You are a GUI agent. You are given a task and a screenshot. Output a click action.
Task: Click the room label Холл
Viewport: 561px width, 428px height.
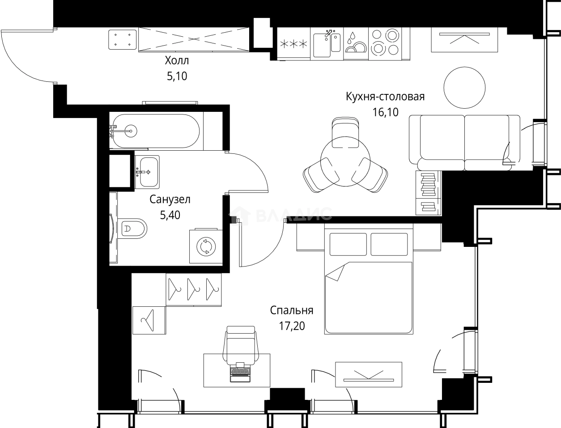pyautogui.click(x=177, y=61)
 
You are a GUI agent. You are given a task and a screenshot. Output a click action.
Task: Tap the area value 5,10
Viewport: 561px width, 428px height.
pyautogui.click(x=177, y=76)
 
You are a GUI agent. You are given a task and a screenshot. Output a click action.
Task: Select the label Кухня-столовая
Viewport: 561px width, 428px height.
pyautogui.click(x=385, y=97)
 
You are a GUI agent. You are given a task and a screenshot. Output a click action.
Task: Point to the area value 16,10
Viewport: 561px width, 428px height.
pyautogui.click(x=385, y=112)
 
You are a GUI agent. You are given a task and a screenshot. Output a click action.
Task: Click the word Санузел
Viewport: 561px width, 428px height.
pyautogui.click(x=170, y=199)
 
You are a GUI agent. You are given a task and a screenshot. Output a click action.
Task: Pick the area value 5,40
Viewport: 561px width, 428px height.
pyautogui.click(x=170, y=215)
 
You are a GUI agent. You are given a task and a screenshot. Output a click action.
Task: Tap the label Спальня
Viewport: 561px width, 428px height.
pyautogui.click(x=291, y=310)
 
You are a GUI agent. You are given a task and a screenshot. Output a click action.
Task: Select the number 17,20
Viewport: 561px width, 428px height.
pyautogui.click(x=291, y=326)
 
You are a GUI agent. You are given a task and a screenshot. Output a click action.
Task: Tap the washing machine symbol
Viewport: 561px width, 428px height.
pyautogui.click(x=206, y=246)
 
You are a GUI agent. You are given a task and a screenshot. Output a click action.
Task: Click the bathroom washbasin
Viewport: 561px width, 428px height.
pyautogui.click(x=147, y=172)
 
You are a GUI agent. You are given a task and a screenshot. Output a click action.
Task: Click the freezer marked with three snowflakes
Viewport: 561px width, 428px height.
pyautogui.click(x=293, y=44)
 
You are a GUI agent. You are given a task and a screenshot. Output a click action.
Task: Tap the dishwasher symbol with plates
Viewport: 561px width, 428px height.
pyautogui.click(x=355, y=44)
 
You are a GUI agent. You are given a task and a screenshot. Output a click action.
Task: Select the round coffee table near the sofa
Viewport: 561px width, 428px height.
pyautogui.click(x=464, y=87)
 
